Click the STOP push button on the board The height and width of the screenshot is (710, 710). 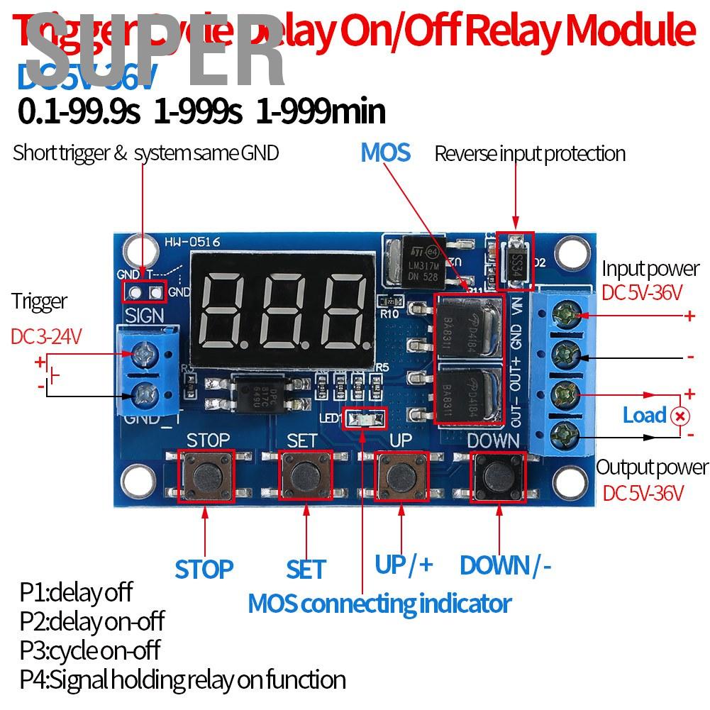(206, 475)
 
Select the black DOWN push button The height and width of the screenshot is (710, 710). (498, 475)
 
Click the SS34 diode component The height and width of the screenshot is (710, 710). (516, 262)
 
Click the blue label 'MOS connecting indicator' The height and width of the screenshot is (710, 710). (379, 604)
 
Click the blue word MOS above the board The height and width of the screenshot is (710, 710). (385, 152)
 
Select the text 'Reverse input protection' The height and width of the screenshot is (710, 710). (530, 153)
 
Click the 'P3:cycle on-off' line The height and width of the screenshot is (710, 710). (90, 650)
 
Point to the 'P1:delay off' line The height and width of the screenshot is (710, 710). (76, 592)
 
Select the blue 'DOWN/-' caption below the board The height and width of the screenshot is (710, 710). (505, 565)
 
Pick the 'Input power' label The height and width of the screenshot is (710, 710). (650, 269)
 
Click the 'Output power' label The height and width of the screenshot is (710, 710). (652, 467)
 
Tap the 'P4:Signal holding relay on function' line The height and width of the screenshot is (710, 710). (182, 680)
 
